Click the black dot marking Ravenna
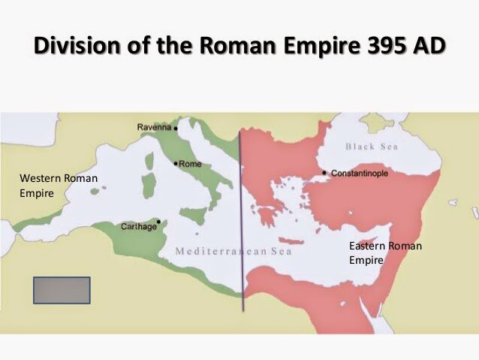[x=176, y=129]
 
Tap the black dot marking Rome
[x=175, y=163]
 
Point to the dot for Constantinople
[x=324, y=173]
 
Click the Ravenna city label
[x=154, y=128]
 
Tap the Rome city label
[x=191, y=164]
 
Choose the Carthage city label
[x=139, y=226]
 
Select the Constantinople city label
[x=360, y=173]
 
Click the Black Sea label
[x=371, y=147]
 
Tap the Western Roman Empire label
[x=58, y=186]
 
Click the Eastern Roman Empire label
[x=385, y=253]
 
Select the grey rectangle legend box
[x=62, y=290]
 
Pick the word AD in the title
[x=428, y=47]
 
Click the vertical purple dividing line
[x=241, y=225]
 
